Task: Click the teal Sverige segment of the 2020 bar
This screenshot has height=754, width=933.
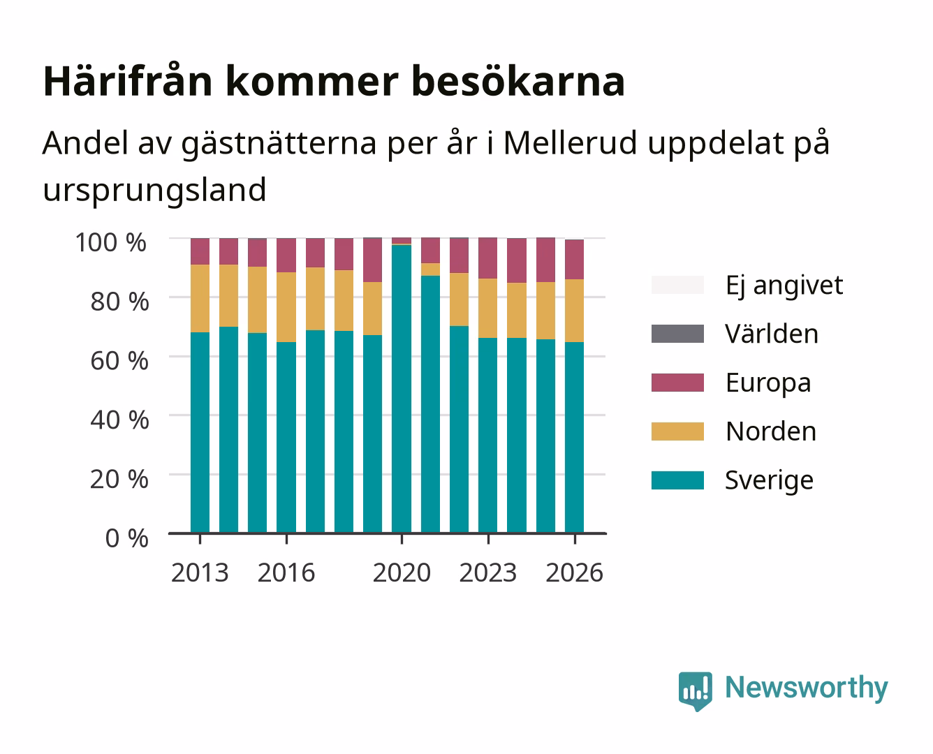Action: [x=402, y=389]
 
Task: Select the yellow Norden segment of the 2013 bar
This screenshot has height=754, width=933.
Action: [x=200, y=298]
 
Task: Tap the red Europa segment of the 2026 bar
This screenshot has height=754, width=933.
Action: [x=574, y=259]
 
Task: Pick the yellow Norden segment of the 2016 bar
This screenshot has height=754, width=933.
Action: [x=286, y=307]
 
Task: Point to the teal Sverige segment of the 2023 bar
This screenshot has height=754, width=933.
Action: [x=488, y=435]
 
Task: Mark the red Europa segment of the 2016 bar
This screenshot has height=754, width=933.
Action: [x=286, y=256]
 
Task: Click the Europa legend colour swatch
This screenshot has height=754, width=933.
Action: [x=677, y=383]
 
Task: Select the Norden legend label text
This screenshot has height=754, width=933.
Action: [x=771, y=431]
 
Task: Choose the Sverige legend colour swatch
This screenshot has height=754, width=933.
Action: [x=677, y=480]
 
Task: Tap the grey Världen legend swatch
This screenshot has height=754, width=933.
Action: [x=677, y=334]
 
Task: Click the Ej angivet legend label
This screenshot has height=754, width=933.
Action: [x=784, y=286]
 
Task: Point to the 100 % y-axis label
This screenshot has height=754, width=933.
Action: [x=111, y=242]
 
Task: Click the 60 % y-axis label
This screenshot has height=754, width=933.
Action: [x=119, y=361]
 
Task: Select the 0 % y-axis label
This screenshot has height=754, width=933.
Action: [x=126, y=538]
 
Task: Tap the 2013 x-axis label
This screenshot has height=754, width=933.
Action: [x=200, y=572]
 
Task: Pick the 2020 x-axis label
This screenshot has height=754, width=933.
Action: [x=402, y=572]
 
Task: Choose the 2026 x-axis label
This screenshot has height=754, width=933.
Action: [x=574, y=572]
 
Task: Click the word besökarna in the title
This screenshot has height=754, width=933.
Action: [x=518, y=81]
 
